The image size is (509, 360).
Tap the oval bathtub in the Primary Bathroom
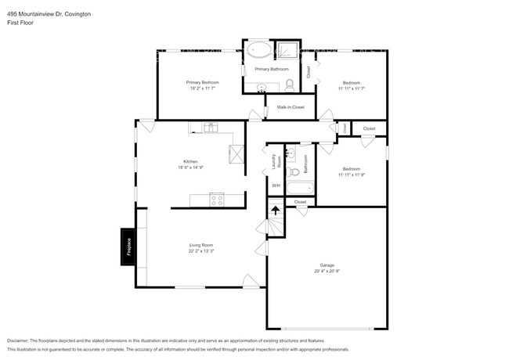pyautogui.click(x=258, y=52)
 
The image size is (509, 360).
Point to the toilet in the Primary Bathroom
pyautogui.click(x=289, y=84)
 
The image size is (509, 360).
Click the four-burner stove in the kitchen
pyautogui.click(x=217, y=200)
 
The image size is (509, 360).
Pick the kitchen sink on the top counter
pyautogui.click(x=210, y=127)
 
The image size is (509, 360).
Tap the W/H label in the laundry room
pyautogui.click(x=275, y=185)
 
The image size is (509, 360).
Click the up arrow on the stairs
pyautogui.click(x=275, y=209)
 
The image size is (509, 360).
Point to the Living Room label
pyautogui.click(x=201, y=245)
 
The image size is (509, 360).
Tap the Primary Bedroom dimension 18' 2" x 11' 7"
pyautogui.click(x=202, y=88)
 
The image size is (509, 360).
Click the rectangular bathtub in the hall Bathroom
pyautogui.click(x=300, y=188)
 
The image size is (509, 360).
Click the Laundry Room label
pyautogui.click(x=275, y=162)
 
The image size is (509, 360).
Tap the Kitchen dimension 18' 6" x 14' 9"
pyautogui.click(x=190, y=167)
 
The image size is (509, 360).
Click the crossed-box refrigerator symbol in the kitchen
pyautogui.click(x=236, y=154)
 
